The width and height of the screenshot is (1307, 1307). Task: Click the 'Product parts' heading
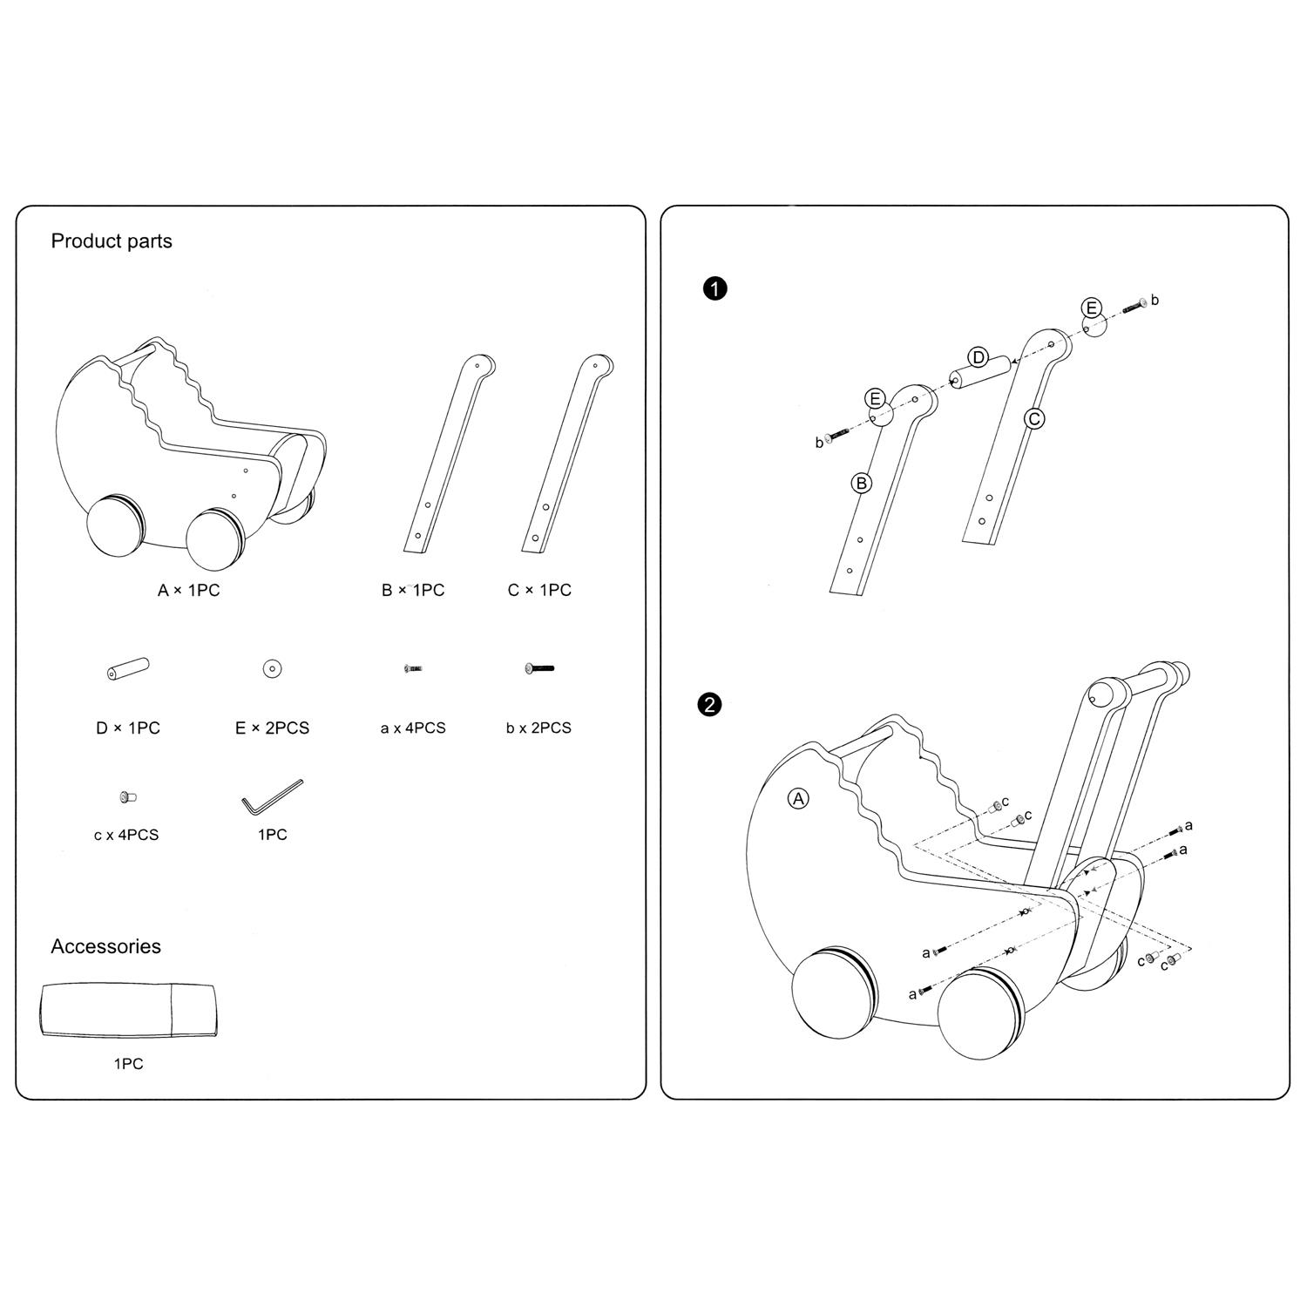coord(112,241)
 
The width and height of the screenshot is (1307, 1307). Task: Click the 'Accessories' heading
coord(105,946)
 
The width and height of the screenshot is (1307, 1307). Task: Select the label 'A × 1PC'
coord(188,590)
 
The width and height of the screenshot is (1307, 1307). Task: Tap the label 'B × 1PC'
coord(413,590)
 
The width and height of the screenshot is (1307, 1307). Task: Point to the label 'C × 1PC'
coord(539,590)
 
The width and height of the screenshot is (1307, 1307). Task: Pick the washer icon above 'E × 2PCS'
coord(273,668)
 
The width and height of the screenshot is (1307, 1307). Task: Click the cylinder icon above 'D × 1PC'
coord(127,669)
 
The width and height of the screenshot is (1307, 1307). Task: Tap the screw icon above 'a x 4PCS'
coord(413,668)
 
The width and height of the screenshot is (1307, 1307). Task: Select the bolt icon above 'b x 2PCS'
coord(539,668)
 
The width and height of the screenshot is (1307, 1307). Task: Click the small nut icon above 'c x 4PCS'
coord(127,796)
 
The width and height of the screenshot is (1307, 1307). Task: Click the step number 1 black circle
coord(714,288)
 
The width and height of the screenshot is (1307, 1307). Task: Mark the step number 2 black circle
coord(710,704)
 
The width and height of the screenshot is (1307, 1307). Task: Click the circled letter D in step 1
coord(979,357)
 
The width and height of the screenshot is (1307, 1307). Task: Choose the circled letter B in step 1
coord(861,483)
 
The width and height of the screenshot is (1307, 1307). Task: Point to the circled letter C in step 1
coord(1034,418)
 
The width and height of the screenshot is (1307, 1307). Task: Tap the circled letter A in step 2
coord(798,798)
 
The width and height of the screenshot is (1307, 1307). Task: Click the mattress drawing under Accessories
coord(128,1011)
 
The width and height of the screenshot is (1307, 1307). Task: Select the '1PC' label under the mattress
coord(128,1063)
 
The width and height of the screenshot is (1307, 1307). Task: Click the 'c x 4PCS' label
coord(126,835)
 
